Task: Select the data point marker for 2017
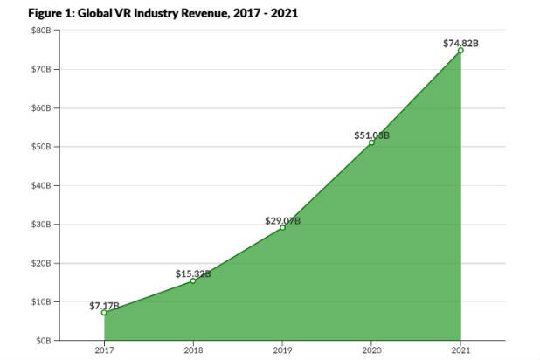pos(104,312)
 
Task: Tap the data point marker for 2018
pos(193,280)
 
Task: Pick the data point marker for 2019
pos(282,227)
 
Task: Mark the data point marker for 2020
pos(371,142)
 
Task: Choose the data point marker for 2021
pos(460,51)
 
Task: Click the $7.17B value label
pos(104,305)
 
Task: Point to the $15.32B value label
pos(193,273)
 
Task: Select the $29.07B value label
pos(282,220)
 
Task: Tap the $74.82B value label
pos(460,42)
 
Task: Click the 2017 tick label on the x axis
pos(104,351)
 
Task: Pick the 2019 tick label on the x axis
pos(282,351)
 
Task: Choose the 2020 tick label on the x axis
pos(371,351)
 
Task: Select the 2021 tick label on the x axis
pos(460,351)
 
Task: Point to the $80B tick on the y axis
pos(42,31)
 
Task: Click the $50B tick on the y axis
pos(42,147)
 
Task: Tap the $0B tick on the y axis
pos(44,341)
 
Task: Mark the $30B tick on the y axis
pos(42,225)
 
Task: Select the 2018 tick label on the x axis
pos(193,351)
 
